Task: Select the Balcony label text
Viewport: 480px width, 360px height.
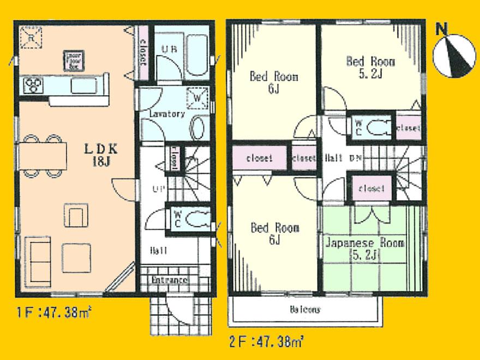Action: (304, 309)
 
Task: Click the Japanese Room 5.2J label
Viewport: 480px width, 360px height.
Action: (365, 249)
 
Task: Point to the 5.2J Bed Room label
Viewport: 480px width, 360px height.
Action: (370, 67)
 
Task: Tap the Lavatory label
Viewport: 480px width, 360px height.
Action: (167, 115)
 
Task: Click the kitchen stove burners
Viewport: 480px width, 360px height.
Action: (33, 85)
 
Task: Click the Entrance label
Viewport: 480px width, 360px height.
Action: (169, 280)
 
